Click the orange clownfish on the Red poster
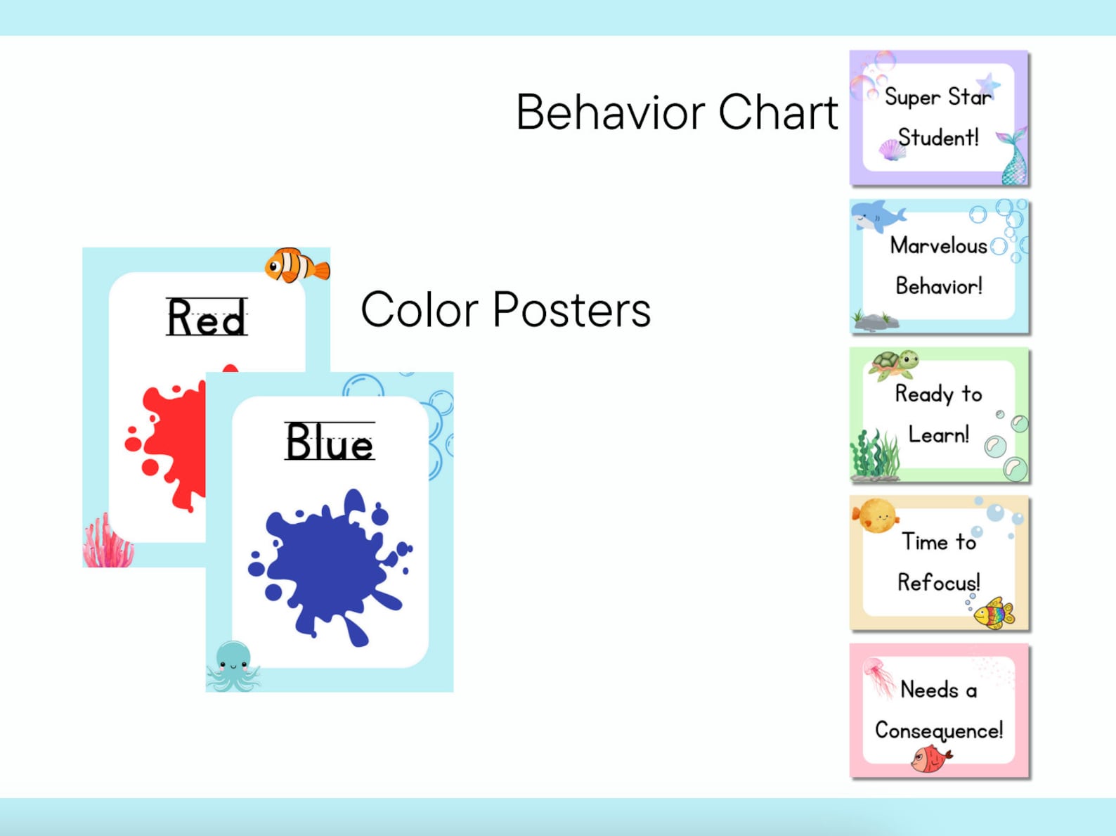(x=297, y=266)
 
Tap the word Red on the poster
(x=207, y=318)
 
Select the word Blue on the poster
(x=330, y=442)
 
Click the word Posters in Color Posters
(x=571, y=310)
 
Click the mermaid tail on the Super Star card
(x=1014, y=158)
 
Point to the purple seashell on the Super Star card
(x=892, y=150)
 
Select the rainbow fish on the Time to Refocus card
(x=994, y=613)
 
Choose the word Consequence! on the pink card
(x=939, y=731)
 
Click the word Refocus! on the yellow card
(x=939, y=583)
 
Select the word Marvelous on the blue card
(x=938, y=245)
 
